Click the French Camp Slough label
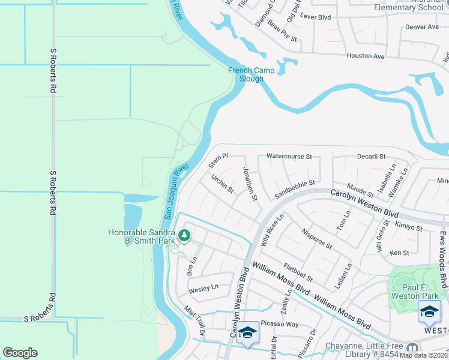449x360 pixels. click(x=251, y=74)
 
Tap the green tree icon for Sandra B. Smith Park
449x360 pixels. click(x=185, y=236)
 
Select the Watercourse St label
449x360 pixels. click(x=289, y=157)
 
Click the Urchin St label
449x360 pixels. click(x=223, y=184)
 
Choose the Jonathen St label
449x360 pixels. click(x=250, y=184)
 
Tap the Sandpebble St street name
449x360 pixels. click(x=295, y=190)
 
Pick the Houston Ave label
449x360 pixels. click(x=365, y=56)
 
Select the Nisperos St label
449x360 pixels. click(x=317, y=238)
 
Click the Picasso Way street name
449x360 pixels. click(x=280, y=324)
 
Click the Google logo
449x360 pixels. click(x=20, y=353)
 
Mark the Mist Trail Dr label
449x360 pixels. click(x=194, y=320)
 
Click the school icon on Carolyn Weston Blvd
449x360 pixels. click(x=247, y=332)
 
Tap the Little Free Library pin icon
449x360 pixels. click(x=412, y=347)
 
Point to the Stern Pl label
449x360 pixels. click(x=218, y=160)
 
